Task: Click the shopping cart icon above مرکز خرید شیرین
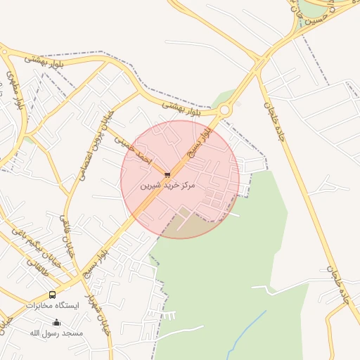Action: (167, 174)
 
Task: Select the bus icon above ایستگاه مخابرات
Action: (52, 295)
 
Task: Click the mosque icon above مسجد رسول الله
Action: (57, 322)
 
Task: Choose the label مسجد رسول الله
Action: (56, 332)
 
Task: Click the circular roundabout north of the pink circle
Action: (225, 110)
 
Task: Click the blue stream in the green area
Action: (246, 330)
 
